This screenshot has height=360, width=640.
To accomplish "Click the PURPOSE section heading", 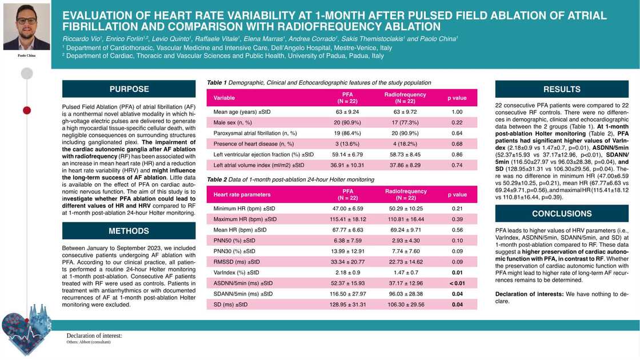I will (x=129, y=89).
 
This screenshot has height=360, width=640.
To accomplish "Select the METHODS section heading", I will (x=129, y=231).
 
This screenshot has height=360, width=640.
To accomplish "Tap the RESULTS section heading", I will (x=561, y=89).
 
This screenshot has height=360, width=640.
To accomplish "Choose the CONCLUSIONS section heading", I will (x=561, y=214).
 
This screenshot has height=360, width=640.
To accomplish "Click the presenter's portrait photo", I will (x=26, y=27).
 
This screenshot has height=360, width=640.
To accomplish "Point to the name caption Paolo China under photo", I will (x=26, y=55).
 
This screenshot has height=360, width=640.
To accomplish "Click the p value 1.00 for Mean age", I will (x=457, y=112).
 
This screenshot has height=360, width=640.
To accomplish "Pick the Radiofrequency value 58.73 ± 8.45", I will (x=405, y=154).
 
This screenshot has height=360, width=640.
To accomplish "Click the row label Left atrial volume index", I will (x=259, y=165).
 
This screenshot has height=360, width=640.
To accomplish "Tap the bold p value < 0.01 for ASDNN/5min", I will (x=457, y=283).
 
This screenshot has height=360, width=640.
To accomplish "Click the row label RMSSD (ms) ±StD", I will (x=236, y=262).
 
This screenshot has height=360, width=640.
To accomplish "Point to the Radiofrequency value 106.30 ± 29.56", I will (x=405, y=305).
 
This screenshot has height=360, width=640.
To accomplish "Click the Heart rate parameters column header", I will (x=242, y=195).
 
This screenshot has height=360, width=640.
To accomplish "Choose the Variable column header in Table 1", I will (x=224, y=98).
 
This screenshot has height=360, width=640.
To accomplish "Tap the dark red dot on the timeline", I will (x=27, y=110).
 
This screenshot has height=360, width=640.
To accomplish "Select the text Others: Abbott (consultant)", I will (x=89, y=342).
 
